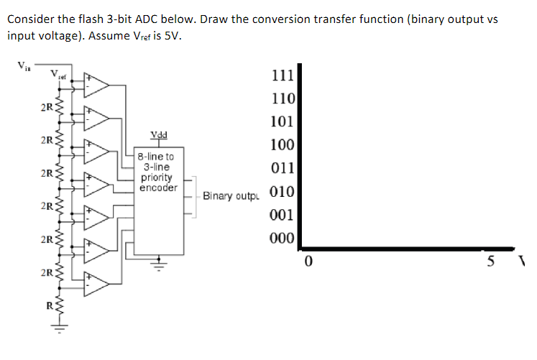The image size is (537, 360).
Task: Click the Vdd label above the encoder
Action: (159, 134)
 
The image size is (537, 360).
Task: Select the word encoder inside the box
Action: (159, 188)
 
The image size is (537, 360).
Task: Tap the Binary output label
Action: (231, 195)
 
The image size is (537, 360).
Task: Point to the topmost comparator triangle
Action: (96, 84)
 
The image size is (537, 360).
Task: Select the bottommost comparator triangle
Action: (96, 282)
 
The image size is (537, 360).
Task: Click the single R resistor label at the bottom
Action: (48, 305)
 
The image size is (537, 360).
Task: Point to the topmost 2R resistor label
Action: (45, 109)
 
